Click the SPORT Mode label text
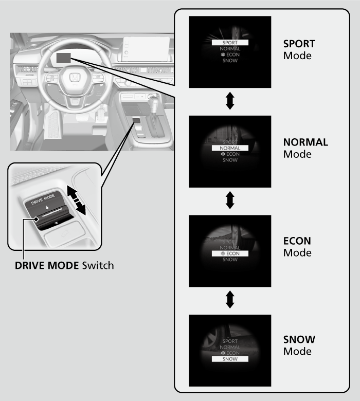299,49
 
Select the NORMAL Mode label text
305,148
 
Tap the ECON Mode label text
297,247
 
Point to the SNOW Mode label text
299,345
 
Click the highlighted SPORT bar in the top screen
230,43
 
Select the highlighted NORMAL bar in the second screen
230,148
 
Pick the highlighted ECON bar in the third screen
230,253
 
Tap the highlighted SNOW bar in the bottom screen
230,359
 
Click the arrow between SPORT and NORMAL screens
230,101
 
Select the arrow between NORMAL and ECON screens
230,200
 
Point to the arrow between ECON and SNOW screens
230,300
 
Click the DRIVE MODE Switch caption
64,266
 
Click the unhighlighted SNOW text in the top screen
230,61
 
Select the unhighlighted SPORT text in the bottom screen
230,341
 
